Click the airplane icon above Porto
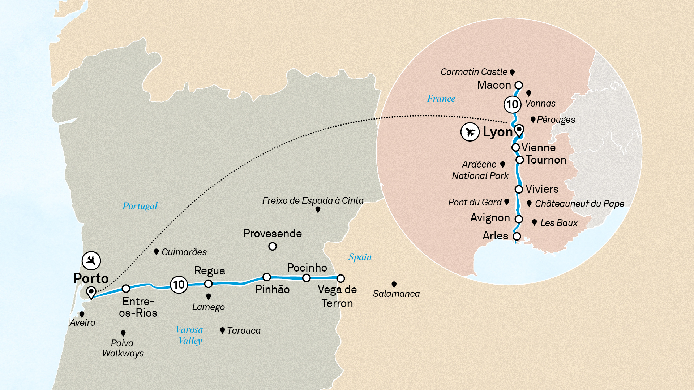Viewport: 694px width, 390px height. click(x=91, y=260)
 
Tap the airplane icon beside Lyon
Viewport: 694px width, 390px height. click(x=470, y=132)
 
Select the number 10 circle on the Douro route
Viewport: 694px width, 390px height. click(x=179, y=285)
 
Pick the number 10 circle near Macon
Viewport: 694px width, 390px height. click(x=512, y=105)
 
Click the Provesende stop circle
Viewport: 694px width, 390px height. click(x=273, y=246)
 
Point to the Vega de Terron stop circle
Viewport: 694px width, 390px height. click(x=340, y=278)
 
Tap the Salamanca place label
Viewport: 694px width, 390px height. click(x=396, y=294)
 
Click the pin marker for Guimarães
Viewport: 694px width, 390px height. click(x=156, y=251)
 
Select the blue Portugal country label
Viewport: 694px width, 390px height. click(x=140, y=206)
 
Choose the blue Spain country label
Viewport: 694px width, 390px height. click(x=360, y=257)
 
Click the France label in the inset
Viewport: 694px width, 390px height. click(x=441, y=99)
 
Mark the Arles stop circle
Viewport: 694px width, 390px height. click(x=517, y=237)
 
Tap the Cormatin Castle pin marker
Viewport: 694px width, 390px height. click(x=512, y=72)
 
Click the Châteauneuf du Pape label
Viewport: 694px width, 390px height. click(x=579, y=204)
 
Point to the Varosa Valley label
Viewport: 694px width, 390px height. click(x=190, y=335)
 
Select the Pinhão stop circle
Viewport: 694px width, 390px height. click(x=267, y=277)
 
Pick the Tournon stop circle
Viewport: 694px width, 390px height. click(x=519, y=160)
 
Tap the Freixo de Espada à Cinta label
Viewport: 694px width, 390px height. click(x=313, y=200)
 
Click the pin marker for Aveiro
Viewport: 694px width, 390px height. click(x=82, y=314)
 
